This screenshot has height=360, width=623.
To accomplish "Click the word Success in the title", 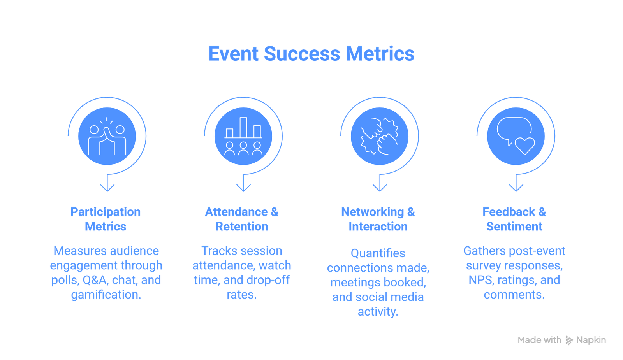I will [302, 54].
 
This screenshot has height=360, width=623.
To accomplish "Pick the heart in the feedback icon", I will [525, 146].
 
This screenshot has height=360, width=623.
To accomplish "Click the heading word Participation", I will [106, 212].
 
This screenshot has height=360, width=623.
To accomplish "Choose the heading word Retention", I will [241, 227].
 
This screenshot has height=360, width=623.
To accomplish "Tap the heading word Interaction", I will [378, 227].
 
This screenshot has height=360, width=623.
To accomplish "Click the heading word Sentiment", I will [514, 227].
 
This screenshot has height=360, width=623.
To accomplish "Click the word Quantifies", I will [378, 253].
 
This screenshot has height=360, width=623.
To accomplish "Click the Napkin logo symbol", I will [569, 340].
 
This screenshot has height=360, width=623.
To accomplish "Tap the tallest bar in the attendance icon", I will [243, 127].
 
